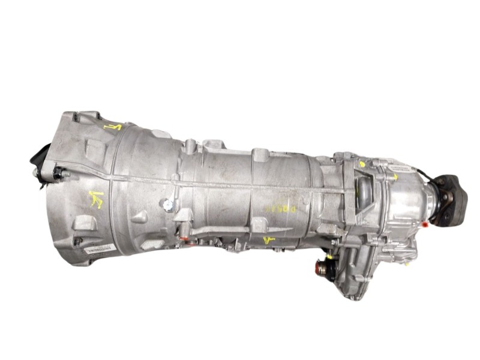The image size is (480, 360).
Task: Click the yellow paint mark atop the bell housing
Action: point(112,127)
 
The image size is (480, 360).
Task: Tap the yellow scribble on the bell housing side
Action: point(96,199)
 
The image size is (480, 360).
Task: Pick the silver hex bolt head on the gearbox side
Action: point(168,205)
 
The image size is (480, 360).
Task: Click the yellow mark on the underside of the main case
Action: point(269,240)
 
